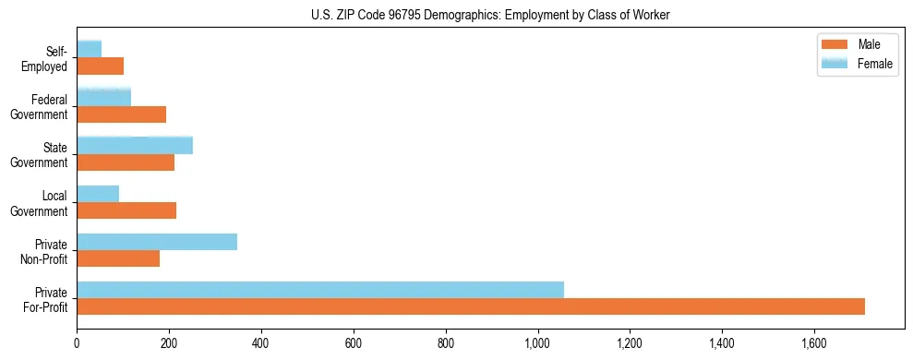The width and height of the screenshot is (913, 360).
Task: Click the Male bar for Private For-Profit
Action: (x=471, y=306)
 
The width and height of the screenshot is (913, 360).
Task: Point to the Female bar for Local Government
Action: (x=98, y=194)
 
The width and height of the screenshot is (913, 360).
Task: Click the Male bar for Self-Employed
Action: (x=100, y=66)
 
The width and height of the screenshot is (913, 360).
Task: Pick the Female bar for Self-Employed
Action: (x=89, y=49)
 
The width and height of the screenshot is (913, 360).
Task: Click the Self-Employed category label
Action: (x=47, y=58)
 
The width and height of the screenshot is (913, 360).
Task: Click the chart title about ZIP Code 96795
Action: (x=490, y=14)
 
